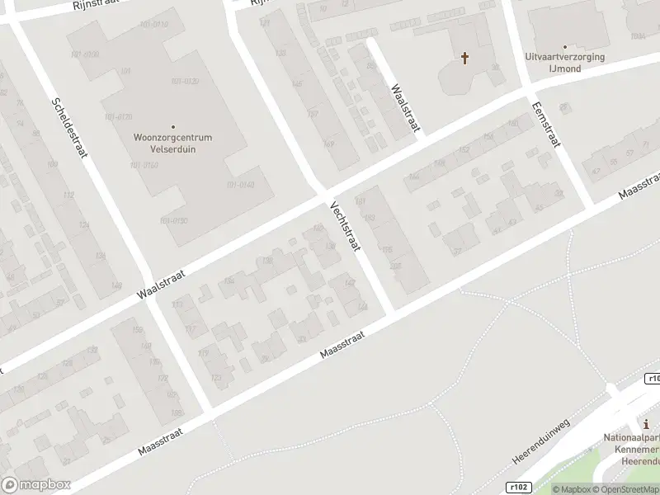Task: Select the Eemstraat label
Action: tap(546, 124)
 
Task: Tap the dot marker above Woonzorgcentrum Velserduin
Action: tap(173, 126)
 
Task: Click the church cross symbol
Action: tap(464, 58)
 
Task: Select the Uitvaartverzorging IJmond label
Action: tap(565, 64)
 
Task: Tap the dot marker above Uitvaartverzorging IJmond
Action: tap(565, 47)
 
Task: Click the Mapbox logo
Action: tap(35, 485)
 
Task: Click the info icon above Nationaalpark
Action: tap(646, 424)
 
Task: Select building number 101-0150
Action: tap(173, 220)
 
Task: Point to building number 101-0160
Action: tap(144, 165)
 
